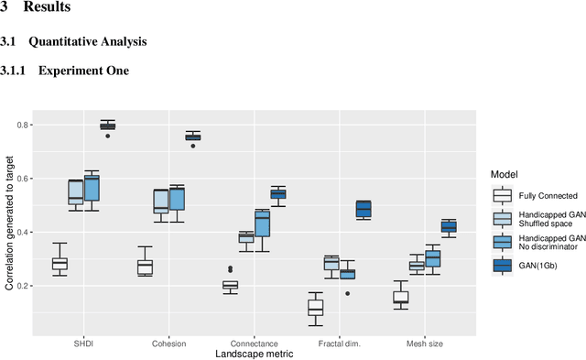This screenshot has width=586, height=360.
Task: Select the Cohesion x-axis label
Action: pos(169,344)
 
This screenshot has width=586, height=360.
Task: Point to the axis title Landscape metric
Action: pos(254,354)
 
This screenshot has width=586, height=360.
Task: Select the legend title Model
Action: pos(505,173)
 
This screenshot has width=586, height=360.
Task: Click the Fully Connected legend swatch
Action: pos(502,195)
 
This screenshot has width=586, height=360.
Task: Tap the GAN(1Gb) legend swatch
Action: pos(502,265)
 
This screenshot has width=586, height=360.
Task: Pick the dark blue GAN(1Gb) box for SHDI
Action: pos(107,126)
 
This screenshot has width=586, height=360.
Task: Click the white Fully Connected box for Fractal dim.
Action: pos(315,308)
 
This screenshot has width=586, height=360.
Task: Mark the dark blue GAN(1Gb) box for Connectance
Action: pos(277,193)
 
